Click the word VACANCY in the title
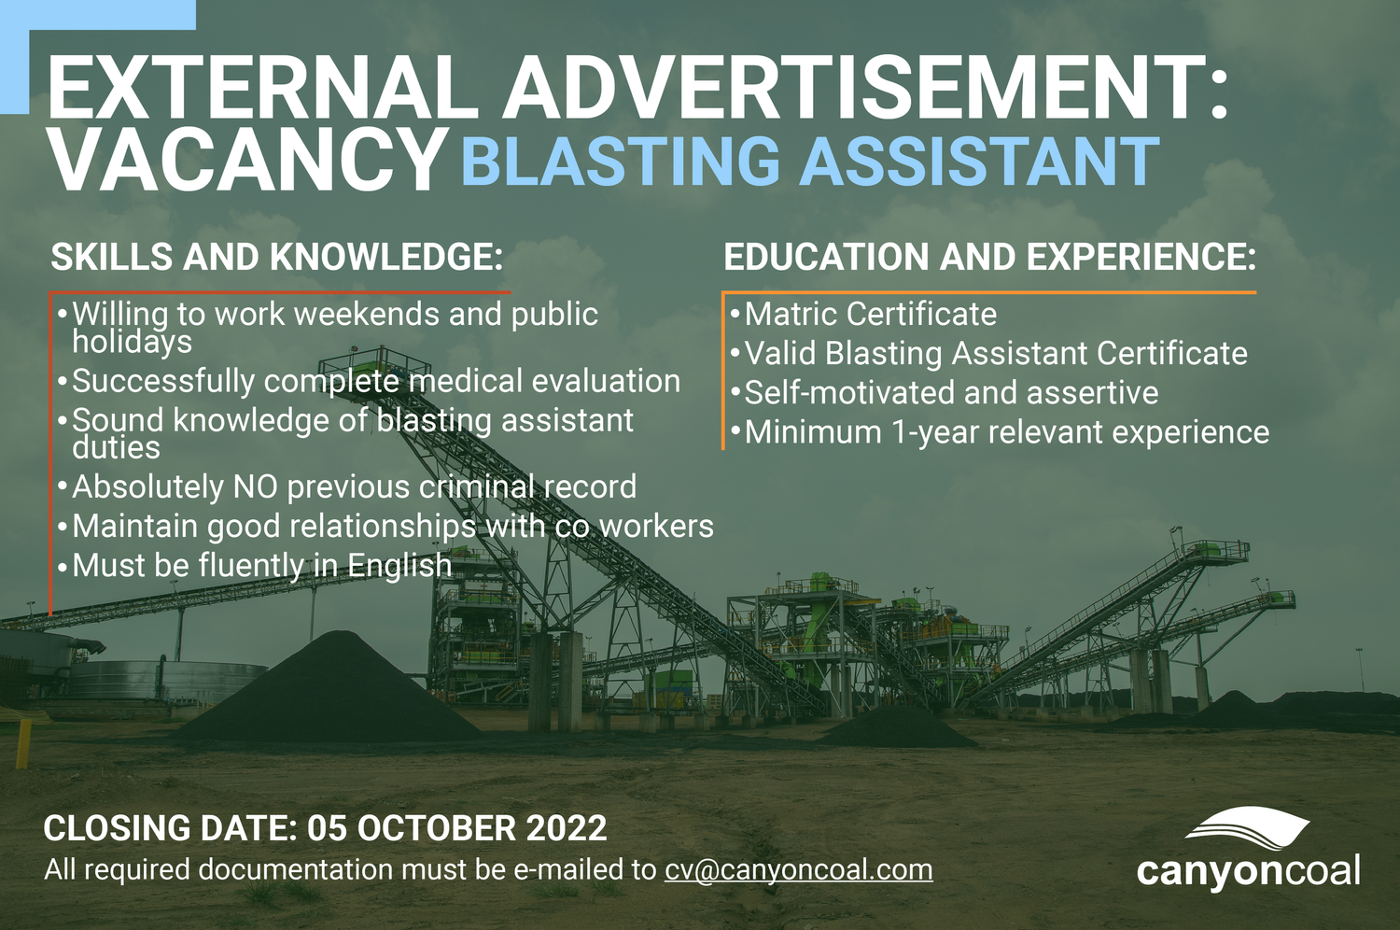[247, 161]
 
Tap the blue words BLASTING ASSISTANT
[810, 162]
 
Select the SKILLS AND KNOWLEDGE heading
[277, 258]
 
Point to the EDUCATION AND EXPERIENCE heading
[989, 258]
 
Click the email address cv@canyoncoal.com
[798, 869]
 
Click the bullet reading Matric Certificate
[870, 315]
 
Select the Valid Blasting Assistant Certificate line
[995, 354]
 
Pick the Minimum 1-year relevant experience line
[1006, 432]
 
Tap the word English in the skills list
[399, 566]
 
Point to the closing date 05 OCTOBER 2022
[457, 828]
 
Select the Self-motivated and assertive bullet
[950, 393]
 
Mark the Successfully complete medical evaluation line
[375, 381]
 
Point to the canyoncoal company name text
[1248, 871]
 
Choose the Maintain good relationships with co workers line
[392, 527]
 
